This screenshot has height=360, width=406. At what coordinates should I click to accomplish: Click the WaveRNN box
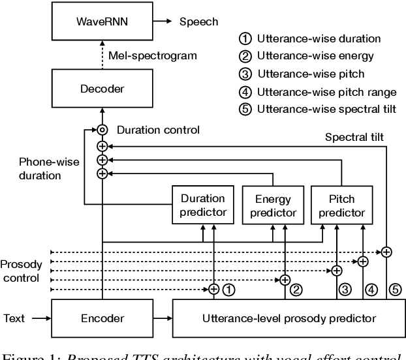102,22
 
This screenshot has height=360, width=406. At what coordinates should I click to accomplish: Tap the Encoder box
102,318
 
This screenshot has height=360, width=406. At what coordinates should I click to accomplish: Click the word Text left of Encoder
14,318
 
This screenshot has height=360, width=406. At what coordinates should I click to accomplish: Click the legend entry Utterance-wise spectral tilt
315,110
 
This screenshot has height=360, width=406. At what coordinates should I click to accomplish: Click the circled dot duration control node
102,129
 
